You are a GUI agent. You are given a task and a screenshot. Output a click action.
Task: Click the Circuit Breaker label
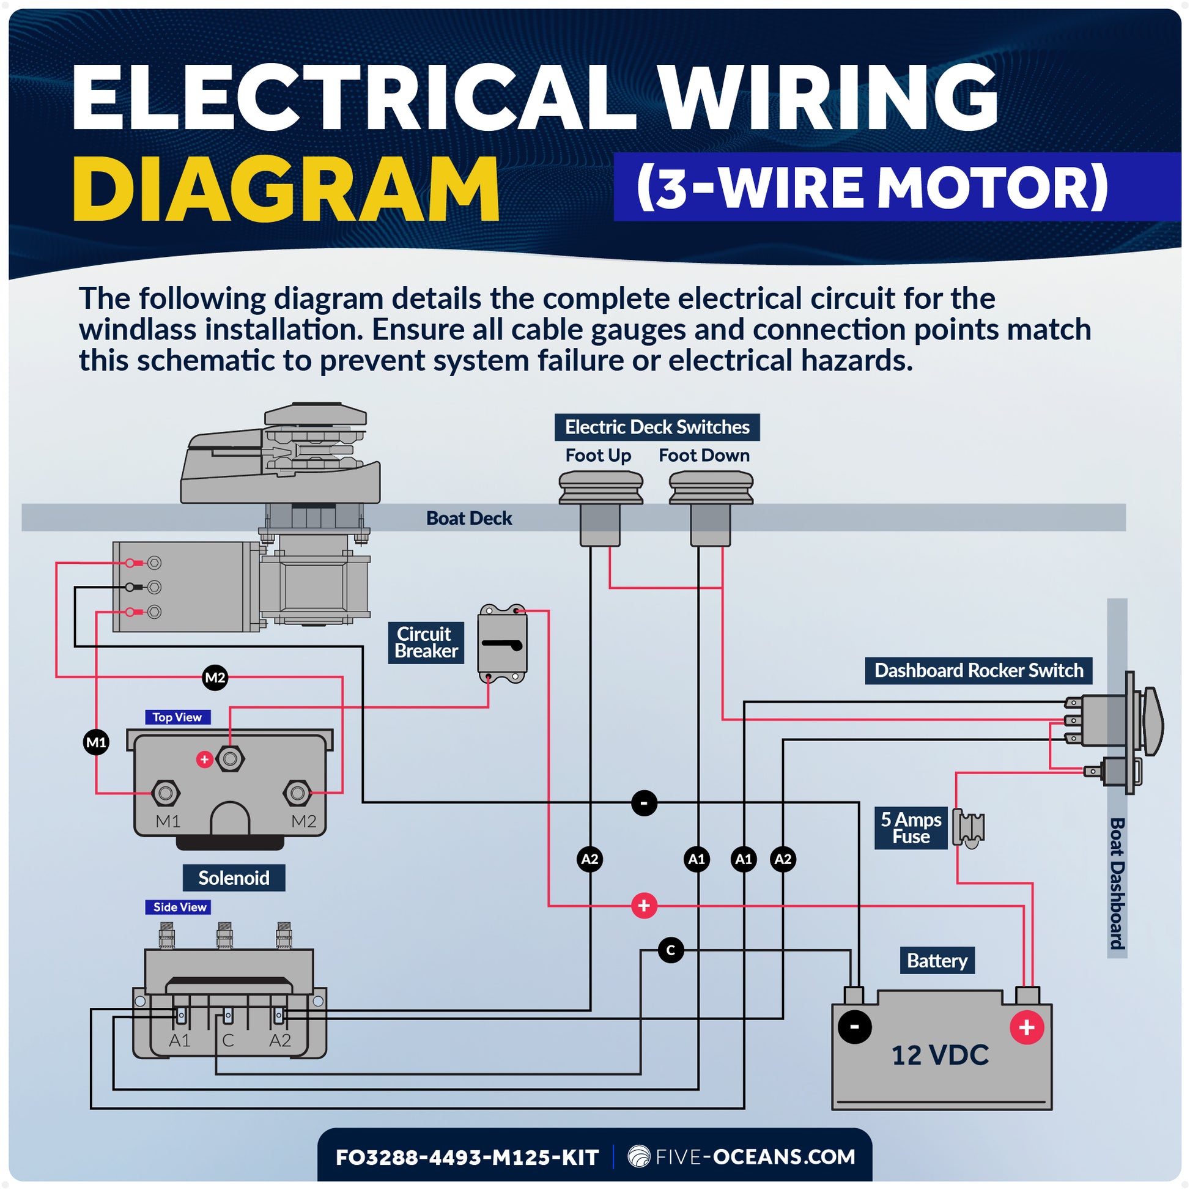426,643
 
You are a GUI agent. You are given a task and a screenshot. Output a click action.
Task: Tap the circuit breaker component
503,645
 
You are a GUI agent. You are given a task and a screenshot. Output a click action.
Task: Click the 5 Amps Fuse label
911,828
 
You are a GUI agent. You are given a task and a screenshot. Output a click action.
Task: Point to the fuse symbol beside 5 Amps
969,827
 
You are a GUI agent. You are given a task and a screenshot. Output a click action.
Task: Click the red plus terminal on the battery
1027,1027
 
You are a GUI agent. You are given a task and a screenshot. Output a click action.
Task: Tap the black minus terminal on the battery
855,1027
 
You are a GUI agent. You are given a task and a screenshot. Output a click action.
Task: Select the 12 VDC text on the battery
940,1055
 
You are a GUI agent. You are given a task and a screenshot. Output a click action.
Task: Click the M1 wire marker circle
96,742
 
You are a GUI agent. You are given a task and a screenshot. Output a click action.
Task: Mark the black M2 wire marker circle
215,678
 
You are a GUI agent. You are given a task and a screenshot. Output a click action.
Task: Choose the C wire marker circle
671,950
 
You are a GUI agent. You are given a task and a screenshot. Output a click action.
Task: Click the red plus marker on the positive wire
645,906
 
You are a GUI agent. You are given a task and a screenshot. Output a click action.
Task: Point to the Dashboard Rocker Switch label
978,670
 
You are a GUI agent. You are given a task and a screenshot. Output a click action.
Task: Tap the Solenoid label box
234,878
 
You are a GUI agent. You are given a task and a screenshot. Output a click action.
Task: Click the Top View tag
177,717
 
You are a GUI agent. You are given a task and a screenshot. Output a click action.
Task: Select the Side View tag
179,907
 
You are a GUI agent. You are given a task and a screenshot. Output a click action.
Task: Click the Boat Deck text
469,518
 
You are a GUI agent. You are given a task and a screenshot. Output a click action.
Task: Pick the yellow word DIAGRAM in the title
286,188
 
